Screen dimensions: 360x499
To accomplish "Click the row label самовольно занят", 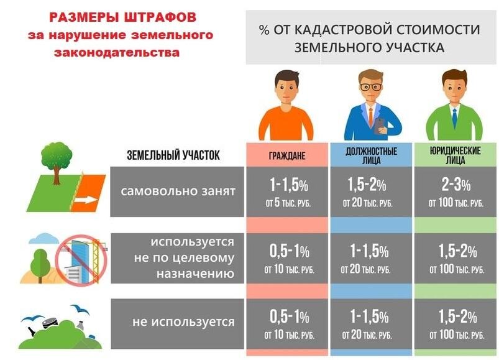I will click(178, 191).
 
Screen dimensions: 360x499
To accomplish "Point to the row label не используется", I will click(183, 322).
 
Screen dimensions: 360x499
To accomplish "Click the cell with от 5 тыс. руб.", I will click(288, 204).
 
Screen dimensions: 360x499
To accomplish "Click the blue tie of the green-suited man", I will click(454, 118).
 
